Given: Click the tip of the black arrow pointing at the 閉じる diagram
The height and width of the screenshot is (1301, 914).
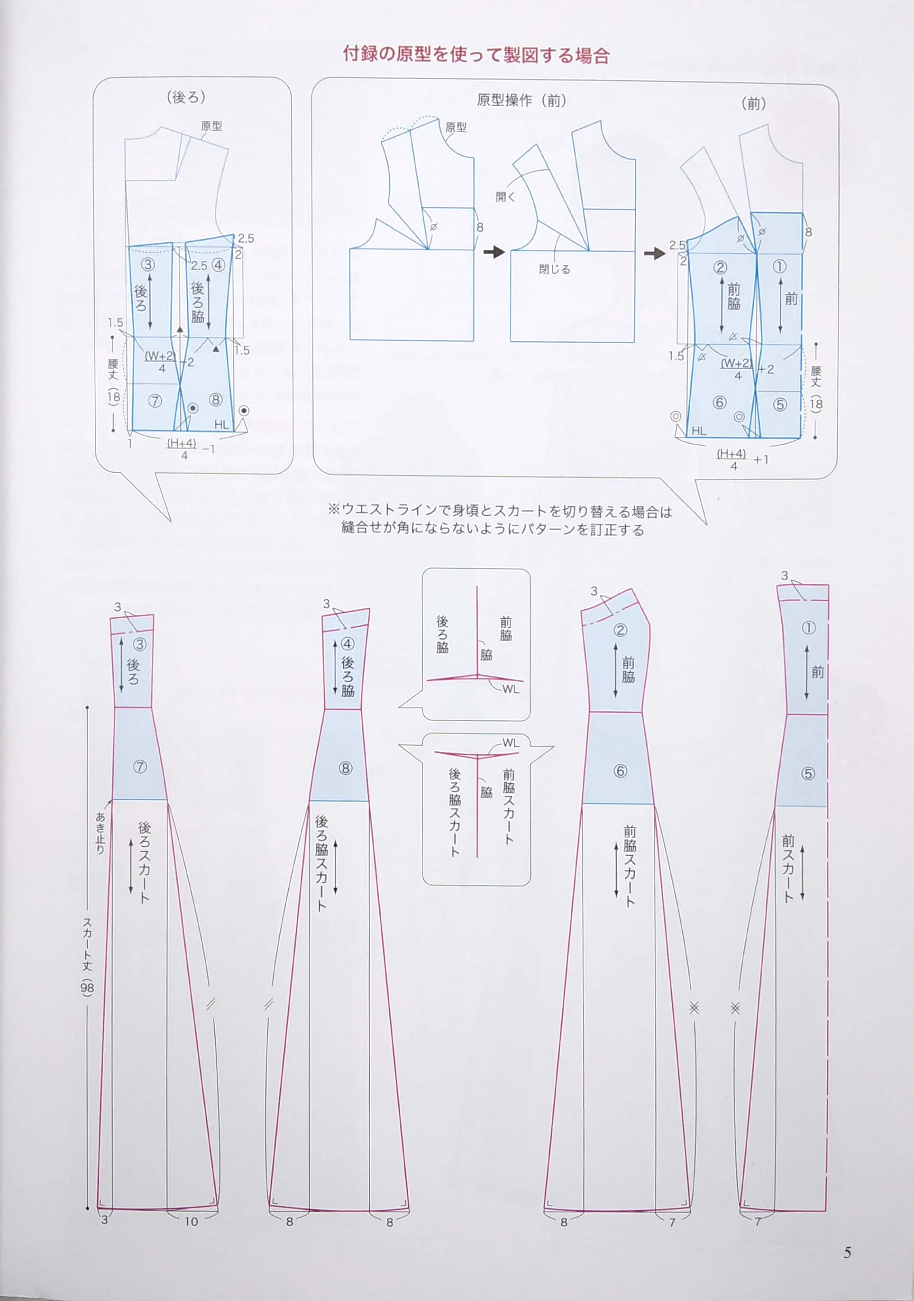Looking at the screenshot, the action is pyautogui.click(x=505, y=252).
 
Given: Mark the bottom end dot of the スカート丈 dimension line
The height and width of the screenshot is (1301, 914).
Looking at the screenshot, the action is pyautogui.click(x=87, y=1208).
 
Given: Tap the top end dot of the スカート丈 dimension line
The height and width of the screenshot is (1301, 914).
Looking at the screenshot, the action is pyautogui.click(x=87, y=708).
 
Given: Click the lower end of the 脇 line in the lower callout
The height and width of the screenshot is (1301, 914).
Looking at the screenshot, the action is pyautogui.click(x=477, y=857).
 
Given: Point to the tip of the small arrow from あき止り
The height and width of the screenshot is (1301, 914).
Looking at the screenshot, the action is pyautogui.click(x=111, y=801).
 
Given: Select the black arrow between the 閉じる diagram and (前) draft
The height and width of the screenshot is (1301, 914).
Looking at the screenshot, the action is pyautogui.click(x=655, y=253).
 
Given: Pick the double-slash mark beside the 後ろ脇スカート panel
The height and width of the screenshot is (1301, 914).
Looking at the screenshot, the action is pyautogui.click(x=269, y=1004).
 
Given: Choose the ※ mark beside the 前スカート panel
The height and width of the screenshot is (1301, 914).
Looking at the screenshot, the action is pyautogui.click(x=735, y=1008).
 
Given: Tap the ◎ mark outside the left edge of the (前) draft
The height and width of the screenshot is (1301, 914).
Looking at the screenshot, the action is pyautogui.click(x=676, y=416).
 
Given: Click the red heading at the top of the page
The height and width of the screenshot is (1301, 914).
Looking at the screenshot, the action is pyautogui.click(x=476, y=55).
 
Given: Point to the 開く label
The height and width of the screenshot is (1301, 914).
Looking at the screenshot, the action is pyautogui.click(x=505, y=197).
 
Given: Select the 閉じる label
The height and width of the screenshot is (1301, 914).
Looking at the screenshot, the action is pyautogui.click(x=554, y=269).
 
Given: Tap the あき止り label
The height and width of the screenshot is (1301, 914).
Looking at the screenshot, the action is pyautogui.click(x=101, y=833).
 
